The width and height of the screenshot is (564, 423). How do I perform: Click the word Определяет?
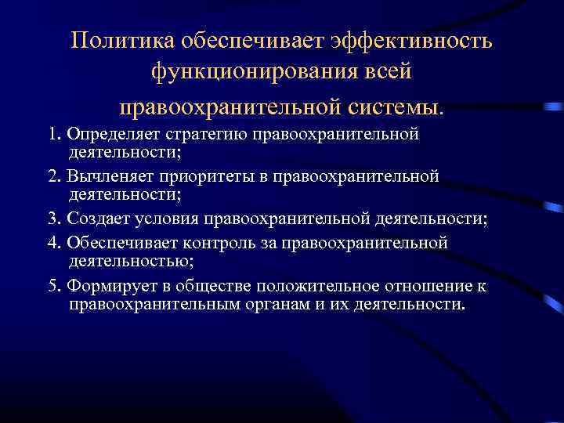106,134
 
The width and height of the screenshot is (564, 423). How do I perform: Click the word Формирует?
106,286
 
